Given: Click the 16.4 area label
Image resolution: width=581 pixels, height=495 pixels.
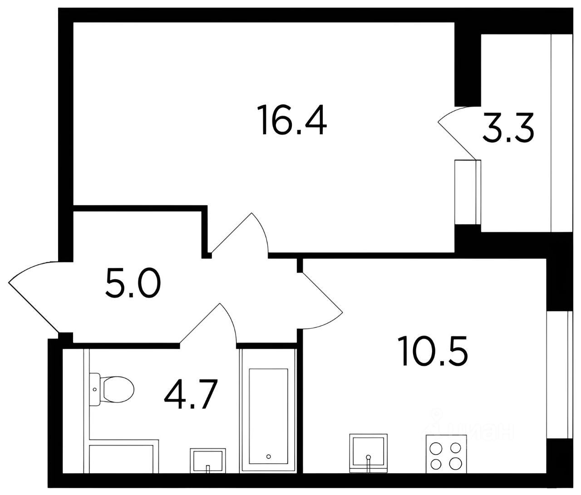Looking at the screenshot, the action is coord(292,120).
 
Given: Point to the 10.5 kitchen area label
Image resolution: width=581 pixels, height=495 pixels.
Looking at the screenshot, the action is coord(433,351).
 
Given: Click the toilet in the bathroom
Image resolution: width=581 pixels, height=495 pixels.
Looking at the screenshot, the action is coord(112,389).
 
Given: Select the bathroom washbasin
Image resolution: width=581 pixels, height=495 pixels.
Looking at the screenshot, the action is coord(208,461).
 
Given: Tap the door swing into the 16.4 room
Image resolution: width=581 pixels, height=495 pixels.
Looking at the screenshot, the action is coord(240,233).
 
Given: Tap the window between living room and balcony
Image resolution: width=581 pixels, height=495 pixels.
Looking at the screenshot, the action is coord(468,192).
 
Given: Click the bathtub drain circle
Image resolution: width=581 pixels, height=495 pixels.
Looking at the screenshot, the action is coord(268,457).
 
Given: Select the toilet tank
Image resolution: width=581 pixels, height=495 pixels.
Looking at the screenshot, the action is coord(95,389).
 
